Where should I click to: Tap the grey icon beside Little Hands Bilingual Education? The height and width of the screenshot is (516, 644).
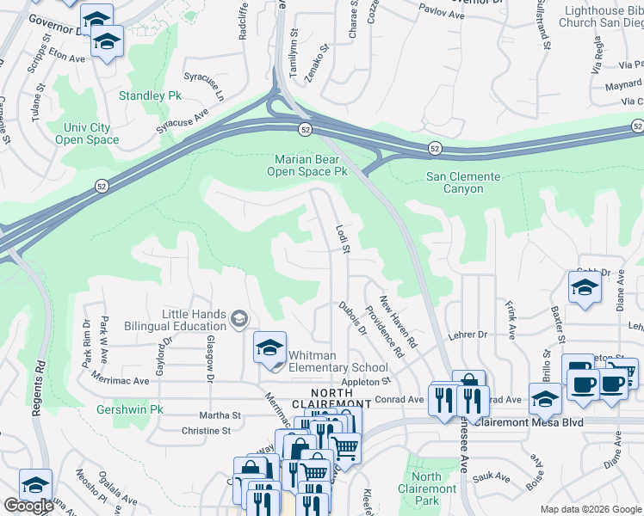tap(239, 320)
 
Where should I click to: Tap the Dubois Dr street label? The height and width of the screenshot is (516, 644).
tap(352, 318)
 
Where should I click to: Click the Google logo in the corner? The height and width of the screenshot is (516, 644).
tap(28, 506)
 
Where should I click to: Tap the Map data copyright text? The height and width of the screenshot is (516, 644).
tap(591, 510)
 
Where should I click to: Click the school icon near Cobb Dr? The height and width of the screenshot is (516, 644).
tap(585, 288)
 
